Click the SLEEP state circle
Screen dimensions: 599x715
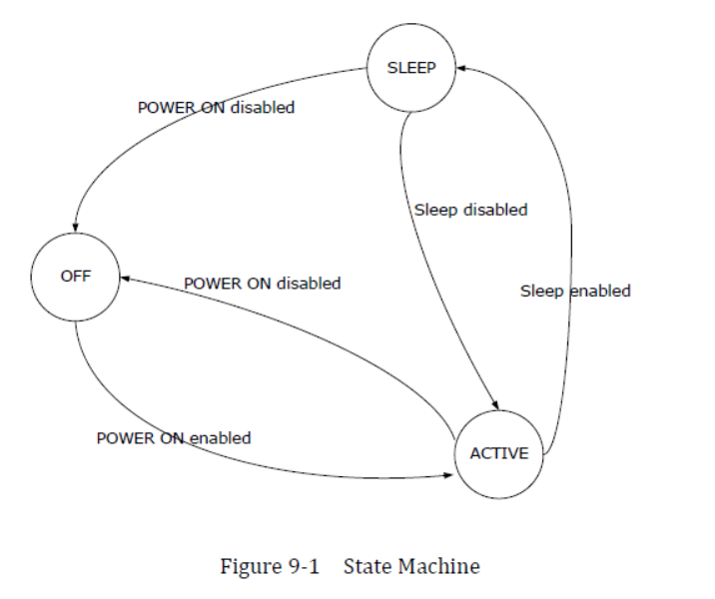coord(410,68)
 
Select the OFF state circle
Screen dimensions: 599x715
coord(76,277)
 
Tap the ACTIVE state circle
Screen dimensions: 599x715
coord(498,453)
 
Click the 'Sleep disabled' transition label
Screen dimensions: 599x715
coord(470,210)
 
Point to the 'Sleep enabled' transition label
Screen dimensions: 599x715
coord(575,291)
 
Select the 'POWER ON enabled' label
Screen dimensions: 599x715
coord(173,437)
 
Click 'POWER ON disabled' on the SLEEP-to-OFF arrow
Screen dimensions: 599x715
coord(216,107)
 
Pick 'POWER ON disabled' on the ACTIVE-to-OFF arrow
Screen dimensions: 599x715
coord(262,283)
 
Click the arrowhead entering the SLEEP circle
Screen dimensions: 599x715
coord(460,68)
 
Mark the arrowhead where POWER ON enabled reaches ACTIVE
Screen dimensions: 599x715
coord(449,477)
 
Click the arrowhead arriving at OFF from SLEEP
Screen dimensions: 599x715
coord(76,228)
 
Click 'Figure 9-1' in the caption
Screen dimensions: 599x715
coord(269,567)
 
